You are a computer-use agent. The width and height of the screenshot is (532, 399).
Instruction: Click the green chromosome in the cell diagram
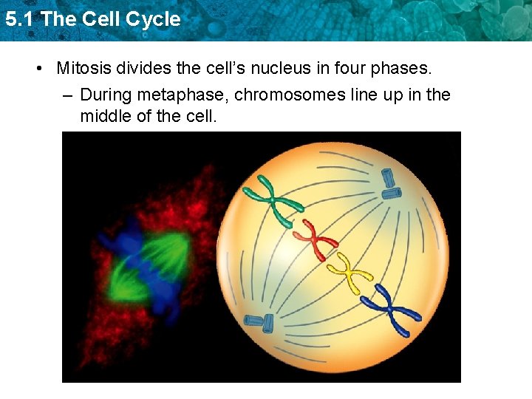(275, 200)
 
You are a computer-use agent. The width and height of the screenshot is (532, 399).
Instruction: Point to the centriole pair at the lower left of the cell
(259, 321)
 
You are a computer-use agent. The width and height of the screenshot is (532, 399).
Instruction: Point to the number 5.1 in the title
(19, 19)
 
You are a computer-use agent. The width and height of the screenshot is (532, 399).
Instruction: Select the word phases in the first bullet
(403, 69)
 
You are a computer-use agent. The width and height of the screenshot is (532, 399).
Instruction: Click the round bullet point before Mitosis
(38, 69)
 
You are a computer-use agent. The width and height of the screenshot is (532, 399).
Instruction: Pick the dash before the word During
(67, 95)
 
